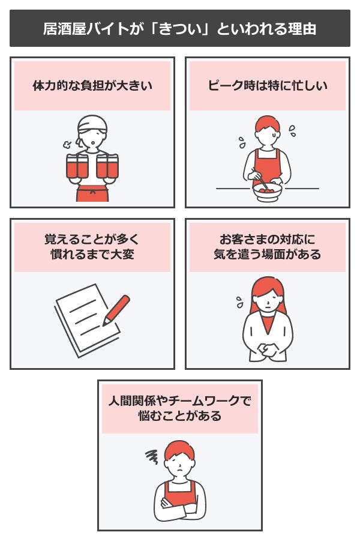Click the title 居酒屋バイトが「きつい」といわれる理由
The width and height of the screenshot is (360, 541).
(180, 28)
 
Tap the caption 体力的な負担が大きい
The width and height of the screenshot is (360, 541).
(92, 86)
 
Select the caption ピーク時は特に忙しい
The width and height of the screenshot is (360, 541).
(268, 86)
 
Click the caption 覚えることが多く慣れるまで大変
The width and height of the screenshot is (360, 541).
(92, 246)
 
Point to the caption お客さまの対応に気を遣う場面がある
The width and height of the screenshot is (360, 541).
(268, 246)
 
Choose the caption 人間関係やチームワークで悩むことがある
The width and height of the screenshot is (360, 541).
(180, 408)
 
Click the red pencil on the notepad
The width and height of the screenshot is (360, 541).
(116, 309)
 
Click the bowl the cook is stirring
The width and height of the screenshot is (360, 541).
(268, 191)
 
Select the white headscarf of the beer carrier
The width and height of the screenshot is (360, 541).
(92, 122)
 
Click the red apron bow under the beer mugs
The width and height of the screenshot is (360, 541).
(92, 192)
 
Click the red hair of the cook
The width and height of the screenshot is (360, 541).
(268, 124)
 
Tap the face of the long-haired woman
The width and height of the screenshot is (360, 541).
(268, 298)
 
